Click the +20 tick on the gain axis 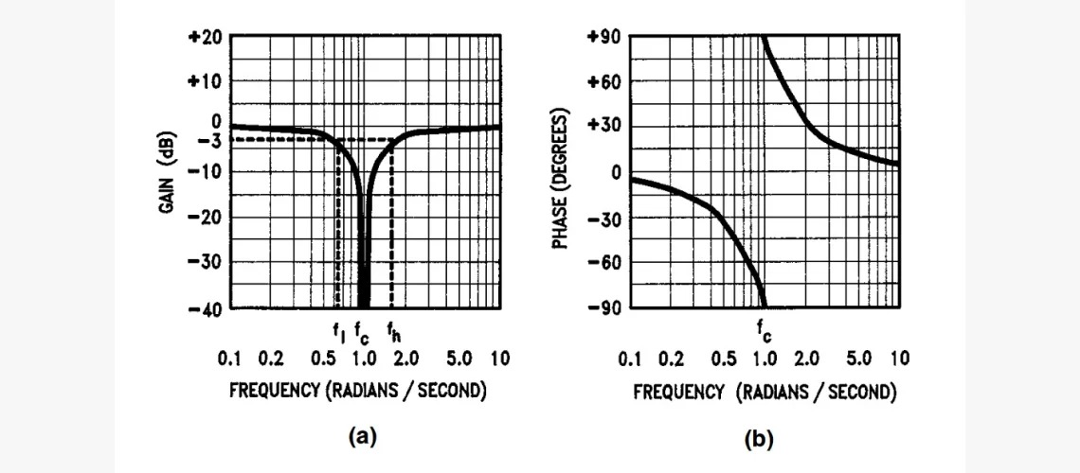pos(206,37)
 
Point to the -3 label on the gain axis pos(207,140)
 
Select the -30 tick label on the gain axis pos(206,262)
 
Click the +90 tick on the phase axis pos(603,37)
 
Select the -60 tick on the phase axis pos(603,262)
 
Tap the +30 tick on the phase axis pos(603,126)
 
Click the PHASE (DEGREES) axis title pos(561,180)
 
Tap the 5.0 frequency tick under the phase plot pos(858,359)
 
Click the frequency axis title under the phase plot pos(765,392)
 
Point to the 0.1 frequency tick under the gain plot pos(230,359)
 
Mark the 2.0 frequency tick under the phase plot pos(806,359)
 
